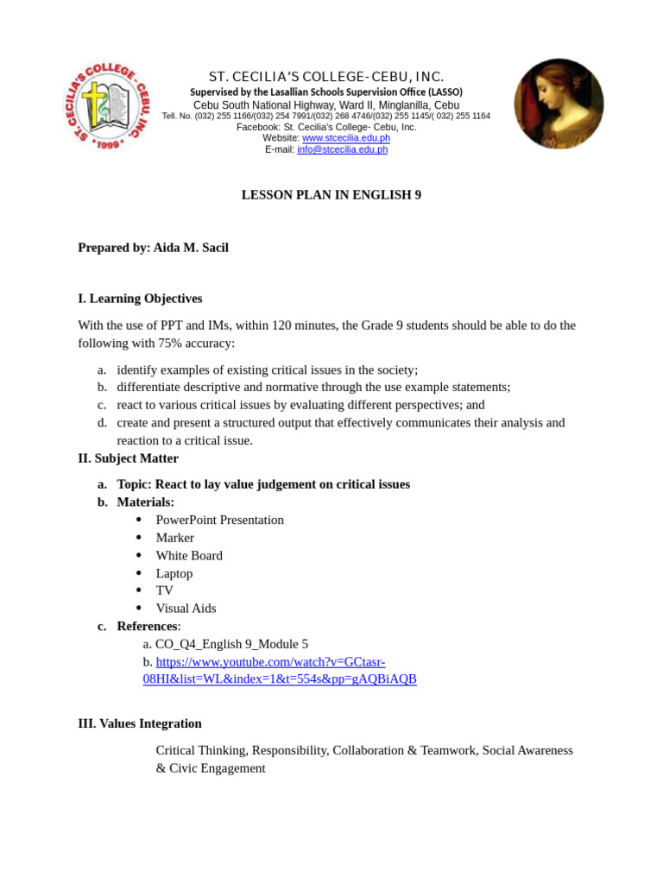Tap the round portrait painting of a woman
tap(559, 104)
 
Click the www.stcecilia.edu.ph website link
tap(345, 138)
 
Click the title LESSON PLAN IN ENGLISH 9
tap(331, 195)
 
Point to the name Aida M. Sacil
tap(191, 248)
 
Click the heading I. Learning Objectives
tap(140, 299)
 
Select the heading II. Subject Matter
tap(128, 458)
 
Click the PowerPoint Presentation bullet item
tap(219, 520)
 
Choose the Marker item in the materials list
tap(174, 538)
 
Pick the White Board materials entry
tap(189, 555)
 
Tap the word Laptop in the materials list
tap(174, 573)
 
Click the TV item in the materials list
tap(164, 590)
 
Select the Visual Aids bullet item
tap(186, 608)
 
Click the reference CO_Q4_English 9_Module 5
tap(230, 644)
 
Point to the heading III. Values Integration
tap(140, 723)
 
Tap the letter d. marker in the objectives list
tap(102, 423)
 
